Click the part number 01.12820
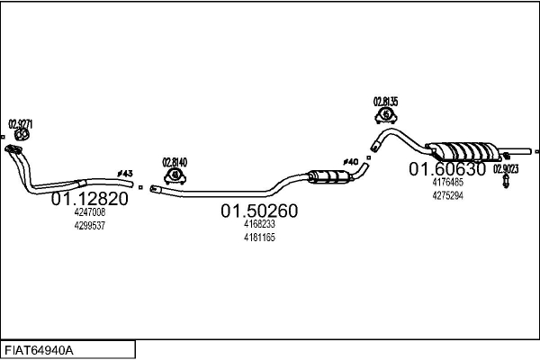(x=89, y=198)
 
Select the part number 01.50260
(x=259, y=211)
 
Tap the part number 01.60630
(x=447, y=168)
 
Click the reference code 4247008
(x=89, y=212)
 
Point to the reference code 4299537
(x=89, y=226)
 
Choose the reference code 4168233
(x=259, y=224)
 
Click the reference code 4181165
(x=259, y=238)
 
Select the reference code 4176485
(x=447, y=182)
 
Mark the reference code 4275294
(x=447, y=195)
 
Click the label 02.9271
(x=20, y=122)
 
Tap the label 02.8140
(x=175, y=162)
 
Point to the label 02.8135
(x=386, y=101)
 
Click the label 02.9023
(x=505, y=168)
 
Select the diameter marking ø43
(x=125, y=173)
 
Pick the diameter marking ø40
(x=351, y=162)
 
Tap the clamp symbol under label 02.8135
(x=386, y=115)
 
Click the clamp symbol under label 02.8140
(x=175, y=175)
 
